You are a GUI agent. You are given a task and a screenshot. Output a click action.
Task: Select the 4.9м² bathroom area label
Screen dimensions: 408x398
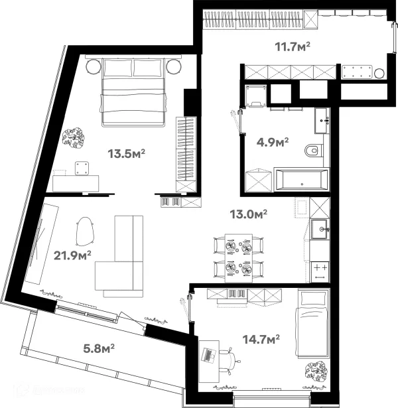click(272, 142)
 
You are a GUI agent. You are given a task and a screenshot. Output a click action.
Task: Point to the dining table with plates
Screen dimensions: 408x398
click(239, 257)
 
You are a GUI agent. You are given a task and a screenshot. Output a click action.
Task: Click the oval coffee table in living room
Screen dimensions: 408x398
click(86, 232)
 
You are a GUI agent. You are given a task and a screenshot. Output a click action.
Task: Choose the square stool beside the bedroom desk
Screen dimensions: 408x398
click(82, 169)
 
